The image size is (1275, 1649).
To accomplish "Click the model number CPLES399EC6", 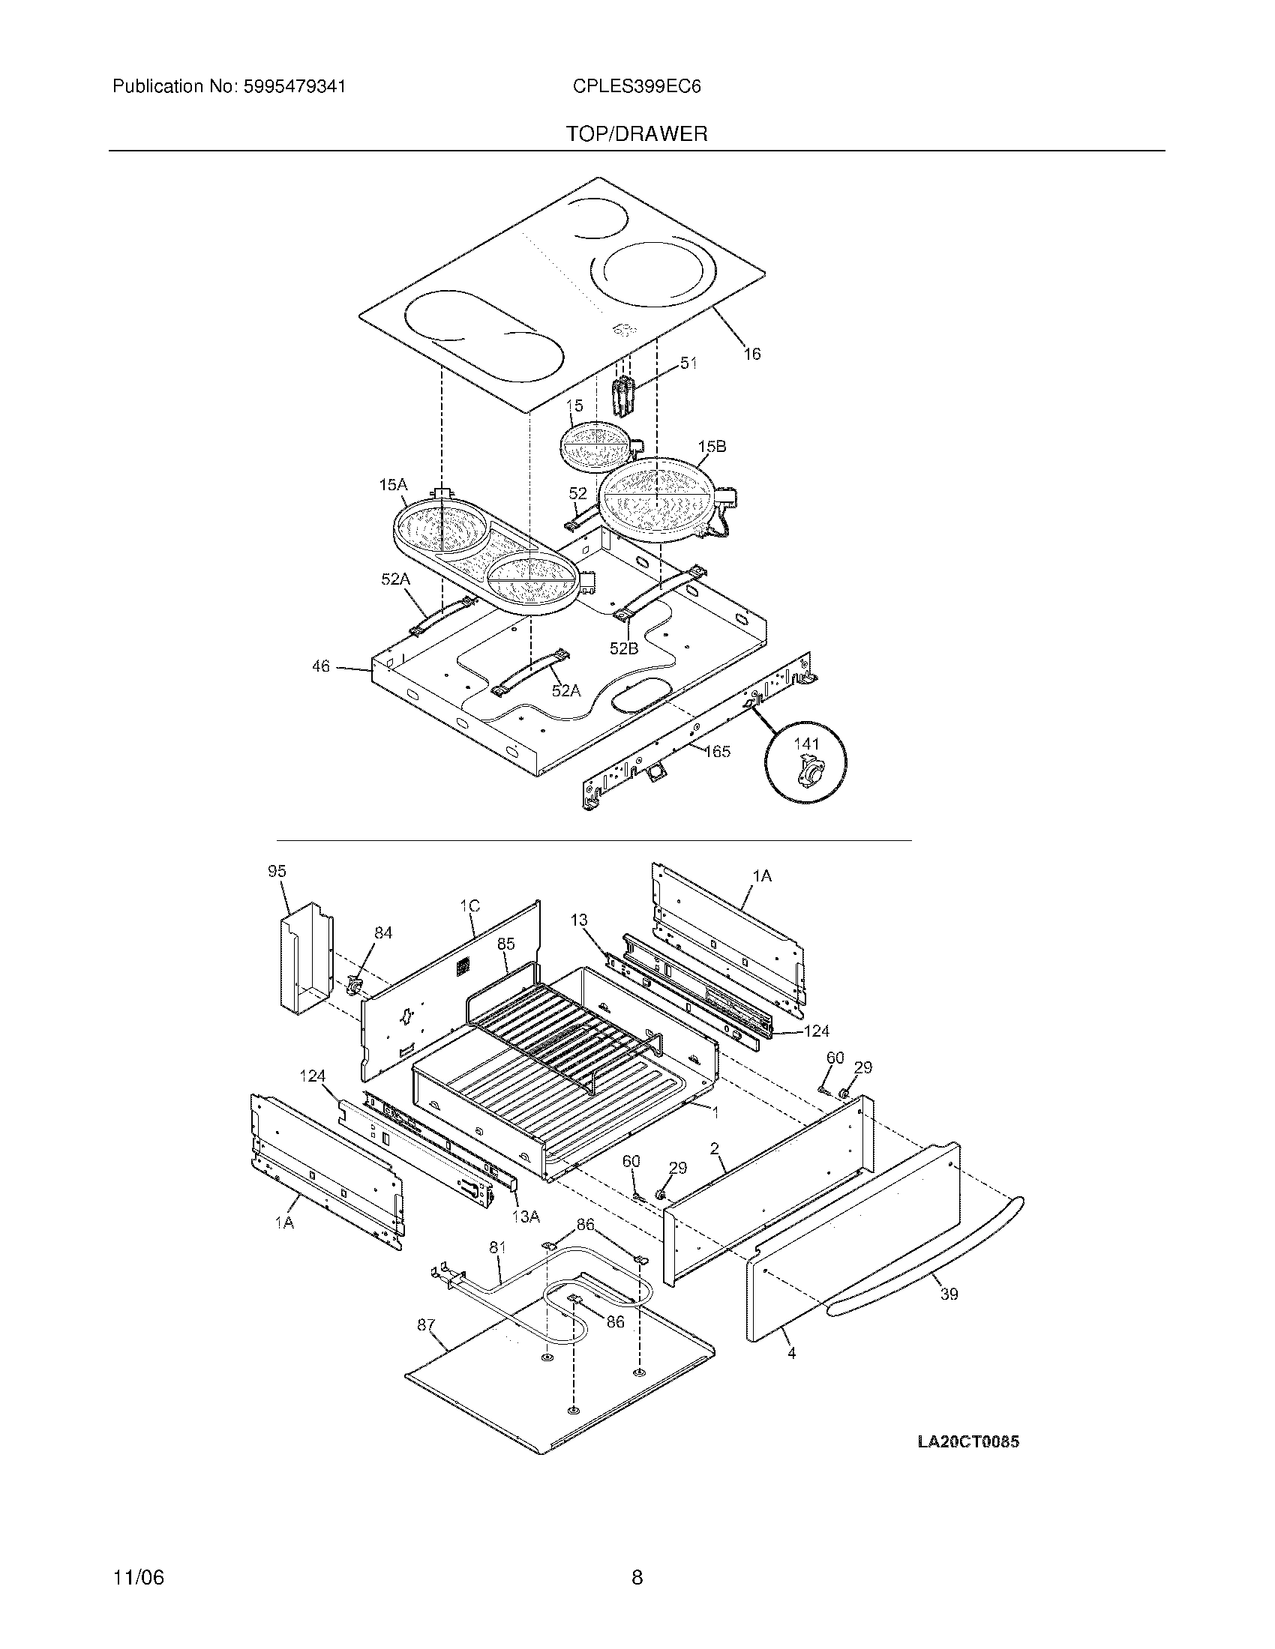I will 636,87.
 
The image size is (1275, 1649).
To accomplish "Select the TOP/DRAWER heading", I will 637,134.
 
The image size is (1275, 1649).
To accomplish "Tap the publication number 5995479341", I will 295,87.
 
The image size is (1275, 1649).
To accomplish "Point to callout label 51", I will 688,364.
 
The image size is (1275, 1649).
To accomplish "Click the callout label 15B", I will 712,446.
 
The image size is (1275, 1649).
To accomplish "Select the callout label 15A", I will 393,485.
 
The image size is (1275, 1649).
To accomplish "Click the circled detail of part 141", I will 805,761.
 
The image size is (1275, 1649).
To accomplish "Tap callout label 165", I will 717,751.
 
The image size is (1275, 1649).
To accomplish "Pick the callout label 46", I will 321,666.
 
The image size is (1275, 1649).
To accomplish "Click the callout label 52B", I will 624,648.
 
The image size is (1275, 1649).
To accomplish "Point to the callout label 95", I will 277,871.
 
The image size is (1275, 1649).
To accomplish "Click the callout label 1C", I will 469,906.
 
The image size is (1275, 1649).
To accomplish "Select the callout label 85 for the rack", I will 505,944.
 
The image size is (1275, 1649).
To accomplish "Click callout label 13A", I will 525,1217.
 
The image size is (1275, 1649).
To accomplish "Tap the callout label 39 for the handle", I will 949,1294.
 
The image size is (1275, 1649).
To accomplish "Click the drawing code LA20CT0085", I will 968,1441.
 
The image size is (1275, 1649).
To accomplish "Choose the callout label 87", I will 426,1324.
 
